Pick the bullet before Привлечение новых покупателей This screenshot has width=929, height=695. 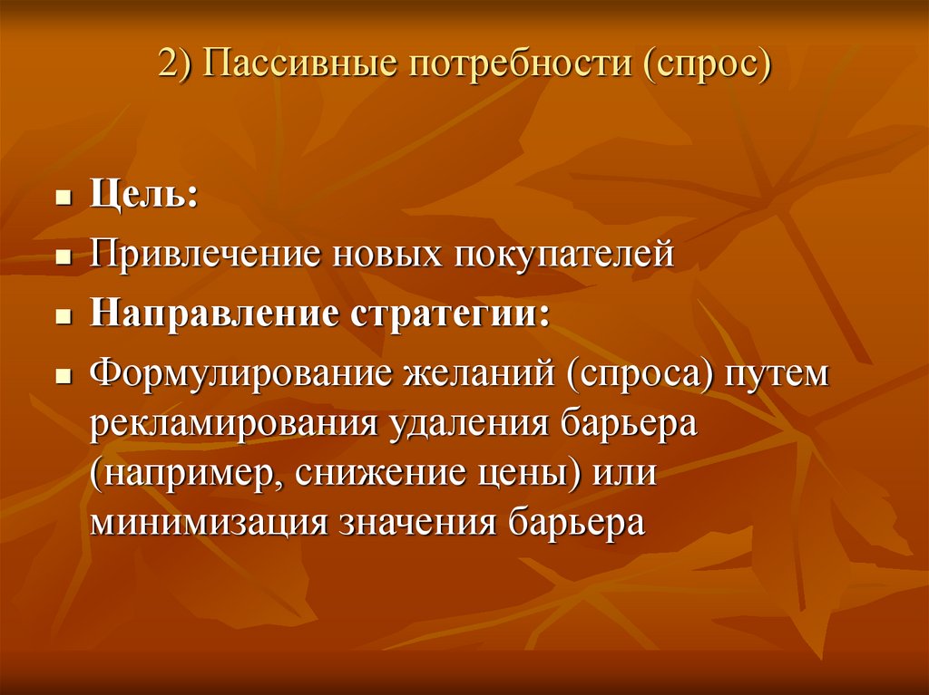(63, 258)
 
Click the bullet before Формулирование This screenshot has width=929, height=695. (63, 376)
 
